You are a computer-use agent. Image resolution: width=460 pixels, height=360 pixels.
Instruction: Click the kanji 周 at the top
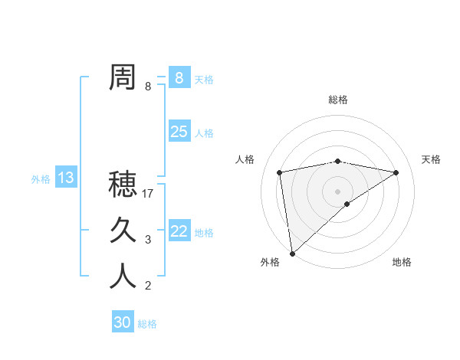(123, 78)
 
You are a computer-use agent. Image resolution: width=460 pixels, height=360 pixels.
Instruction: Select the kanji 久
(123, 231)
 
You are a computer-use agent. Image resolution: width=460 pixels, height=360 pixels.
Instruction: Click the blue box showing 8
(179, 77)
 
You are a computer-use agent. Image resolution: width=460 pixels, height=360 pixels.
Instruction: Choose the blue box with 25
(179, 132)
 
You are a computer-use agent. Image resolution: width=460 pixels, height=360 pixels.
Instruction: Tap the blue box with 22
(179, 231)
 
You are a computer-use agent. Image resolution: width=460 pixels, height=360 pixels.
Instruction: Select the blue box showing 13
(66, 178)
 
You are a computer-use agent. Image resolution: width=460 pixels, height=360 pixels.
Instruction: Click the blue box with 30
(122, 322)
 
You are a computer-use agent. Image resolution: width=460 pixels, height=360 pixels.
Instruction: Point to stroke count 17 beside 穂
(149, 194)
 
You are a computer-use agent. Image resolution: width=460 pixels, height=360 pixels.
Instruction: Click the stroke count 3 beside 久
(148, 240)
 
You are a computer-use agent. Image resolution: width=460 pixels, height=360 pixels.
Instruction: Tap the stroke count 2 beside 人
(148, 286)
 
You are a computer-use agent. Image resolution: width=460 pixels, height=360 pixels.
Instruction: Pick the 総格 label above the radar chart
(337, 100)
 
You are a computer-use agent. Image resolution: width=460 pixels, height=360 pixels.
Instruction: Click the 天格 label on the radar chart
(431, 159)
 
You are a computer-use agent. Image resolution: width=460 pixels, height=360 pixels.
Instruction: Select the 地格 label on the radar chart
(402, 262)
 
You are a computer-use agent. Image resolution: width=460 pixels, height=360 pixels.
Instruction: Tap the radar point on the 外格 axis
(292, 253)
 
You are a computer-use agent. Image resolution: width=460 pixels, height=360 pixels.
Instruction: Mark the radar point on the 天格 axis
(396, 172)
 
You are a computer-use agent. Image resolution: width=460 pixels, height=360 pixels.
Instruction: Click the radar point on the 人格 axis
(280, 172)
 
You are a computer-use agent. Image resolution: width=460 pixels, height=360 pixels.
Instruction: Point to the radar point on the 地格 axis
(347, 204)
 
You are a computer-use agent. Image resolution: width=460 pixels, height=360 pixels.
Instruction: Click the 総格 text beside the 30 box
(147, 324)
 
